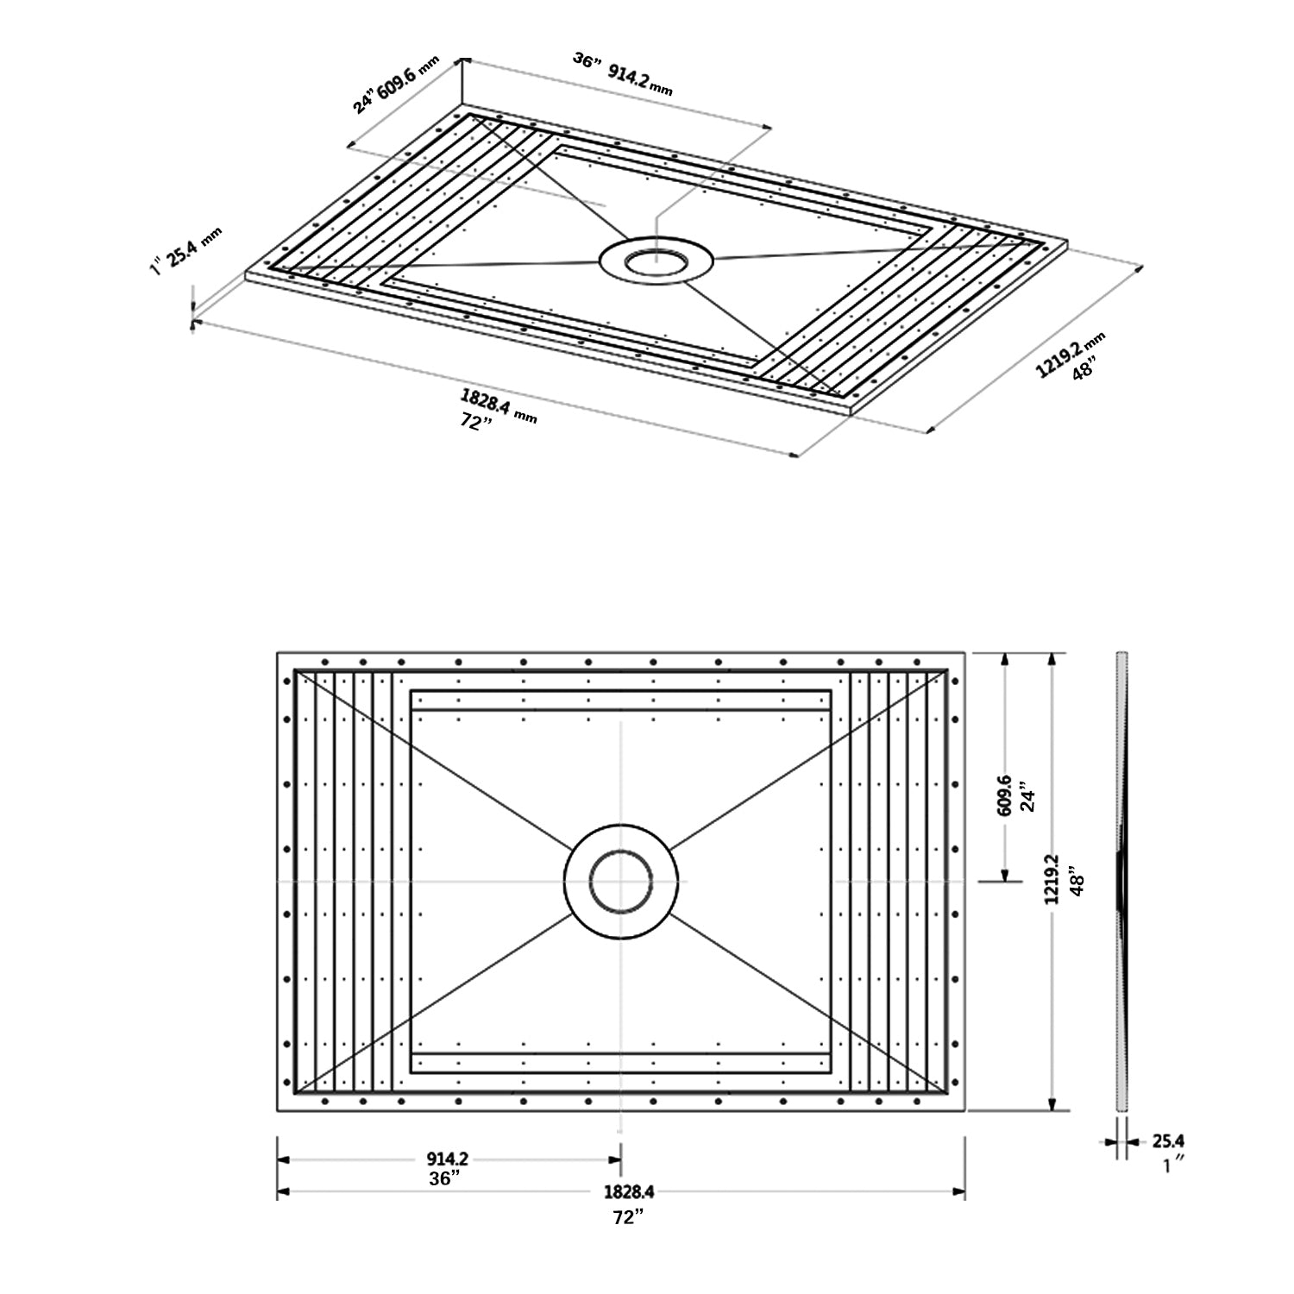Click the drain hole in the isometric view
point(656,260)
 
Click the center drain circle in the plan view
point(621,881)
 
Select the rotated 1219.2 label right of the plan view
point(1052,878)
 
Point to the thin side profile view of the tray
point(1121,880)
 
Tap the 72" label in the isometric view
point(475,424)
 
